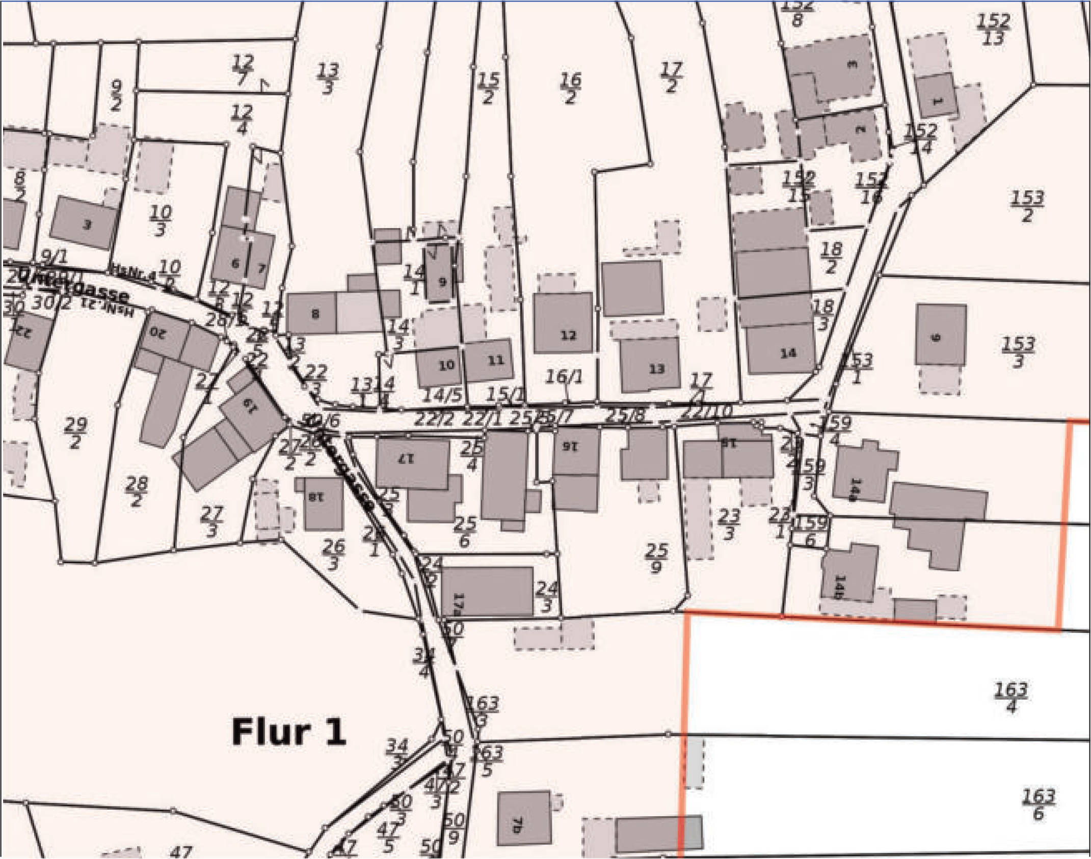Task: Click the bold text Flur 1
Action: pyautogui.click(x=288, y=732)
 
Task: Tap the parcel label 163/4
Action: pyautogui.click(x=1011, y=698)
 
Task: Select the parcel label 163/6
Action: pyautogui.click(x=1038, y=804)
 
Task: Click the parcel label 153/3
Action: pyautogui.click(x=1018, y=352)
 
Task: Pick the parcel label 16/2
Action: pyautogui.click(x=570, y=88)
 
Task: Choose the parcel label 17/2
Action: pyautogui.click(x=671, y=77)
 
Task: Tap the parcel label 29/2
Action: pyautogui.click(x=75, y=432)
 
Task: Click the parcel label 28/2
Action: pyautogui.click(x=136, y=491)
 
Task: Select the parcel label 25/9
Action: pyautogui.click(x=656, y=558)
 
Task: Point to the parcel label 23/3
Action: pyautogui.click(x=729, y=524)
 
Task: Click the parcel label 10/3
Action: pyautogui.click(x=161, y=220)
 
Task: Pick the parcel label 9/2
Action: pyautogui.click(x=116, y=95)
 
